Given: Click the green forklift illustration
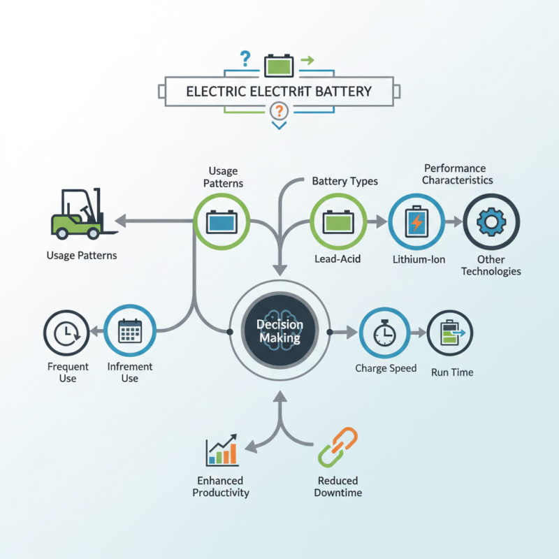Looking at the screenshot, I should pyautogui.click(x=77, y=214).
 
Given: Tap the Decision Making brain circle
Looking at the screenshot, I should pyautogui.click(x=279, y=331).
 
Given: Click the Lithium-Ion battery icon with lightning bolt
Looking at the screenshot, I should pyautogui.click(x=415, y=222).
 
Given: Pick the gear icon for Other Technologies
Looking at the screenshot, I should pyautogui.click(x=491, y=222).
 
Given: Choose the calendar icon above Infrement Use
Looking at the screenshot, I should pyautogui.click(x=130, y=332).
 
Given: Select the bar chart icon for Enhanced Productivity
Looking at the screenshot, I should pyautogui.click(x=222, y=451).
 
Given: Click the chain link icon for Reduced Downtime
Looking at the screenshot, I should pyautogui.click(x=337, y=448).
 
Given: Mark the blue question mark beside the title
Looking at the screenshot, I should pyautogui.click(x=245, y=59).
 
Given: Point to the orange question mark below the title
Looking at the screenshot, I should pyautogui.click(x=279, y=110).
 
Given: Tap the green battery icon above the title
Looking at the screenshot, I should pyautogui.click(x=279, y=66).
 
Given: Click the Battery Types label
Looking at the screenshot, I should pyautogui.click(x=344, y=181).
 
